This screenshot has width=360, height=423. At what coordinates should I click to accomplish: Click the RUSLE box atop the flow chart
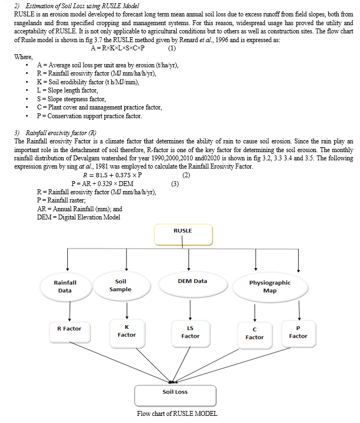pos(183,235)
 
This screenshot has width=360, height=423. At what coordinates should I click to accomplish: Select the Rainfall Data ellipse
pos(66,287)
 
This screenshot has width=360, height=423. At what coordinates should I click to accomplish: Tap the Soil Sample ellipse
pos(121,286)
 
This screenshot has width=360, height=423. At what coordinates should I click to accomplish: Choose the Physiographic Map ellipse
pos(270,287)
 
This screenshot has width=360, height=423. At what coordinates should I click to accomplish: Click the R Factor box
pos(69,332)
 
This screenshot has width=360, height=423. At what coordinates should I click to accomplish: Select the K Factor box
pos(127,333)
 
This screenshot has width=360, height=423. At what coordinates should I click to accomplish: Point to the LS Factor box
pos(190,333)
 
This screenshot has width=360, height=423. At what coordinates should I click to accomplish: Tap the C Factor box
pos(255,335)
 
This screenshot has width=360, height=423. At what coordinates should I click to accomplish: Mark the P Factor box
pos(298,333)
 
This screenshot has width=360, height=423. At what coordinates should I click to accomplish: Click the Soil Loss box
pos(175,396)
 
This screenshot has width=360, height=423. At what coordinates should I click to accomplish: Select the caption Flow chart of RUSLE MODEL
pos(177,414)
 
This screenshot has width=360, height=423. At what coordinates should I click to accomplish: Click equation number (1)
pos(172,48)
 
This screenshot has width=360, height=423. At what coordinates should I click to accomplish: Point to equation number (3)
pos(175,184)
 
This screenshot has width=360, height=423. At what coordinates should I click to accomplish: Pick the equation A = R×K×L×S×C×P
pos(118,48)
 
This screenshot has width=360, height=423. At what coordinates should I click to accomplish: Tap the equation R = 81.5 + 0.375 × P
pos(112,175)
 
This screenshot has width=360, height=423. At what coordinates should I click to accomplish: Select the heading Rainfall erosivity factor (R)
pos(61,133)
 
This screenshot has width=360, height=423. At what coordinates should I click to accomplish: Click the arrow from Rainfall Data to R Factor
pos(70,310)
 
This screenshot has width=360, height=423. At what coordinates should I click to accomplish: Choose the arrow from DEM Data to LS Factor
pos(190,310)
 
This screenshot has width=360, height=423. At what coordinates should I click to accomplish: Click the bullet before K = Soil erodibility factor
pos(27,82)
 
